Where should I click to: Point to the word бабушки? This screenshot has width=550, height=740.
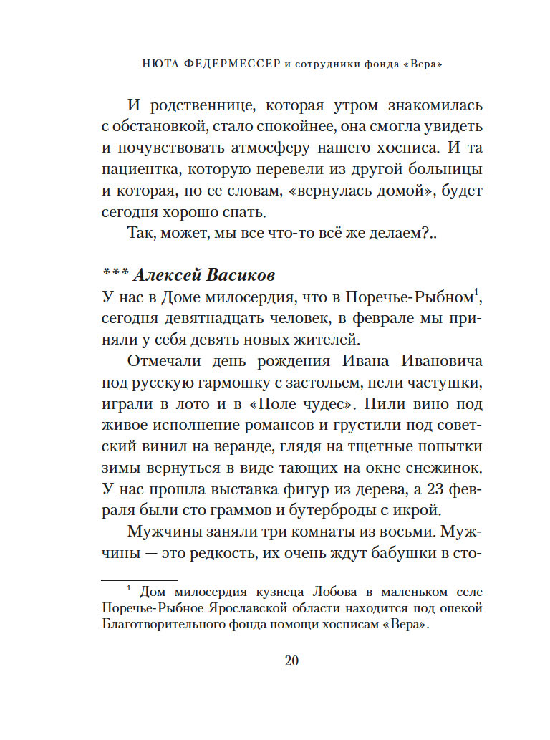click(x=426, y=554)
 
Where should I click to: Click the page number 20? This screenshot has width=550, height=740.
click(x=291, y=660)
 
